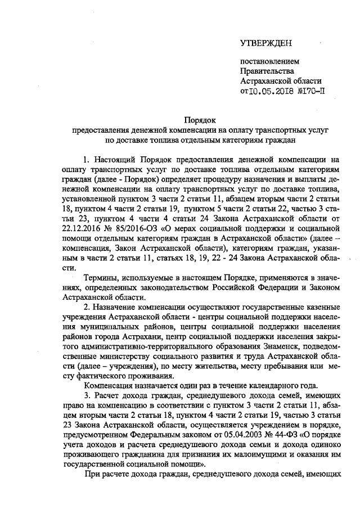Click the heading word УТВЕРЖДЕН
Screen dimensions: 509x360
[267, 43]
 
